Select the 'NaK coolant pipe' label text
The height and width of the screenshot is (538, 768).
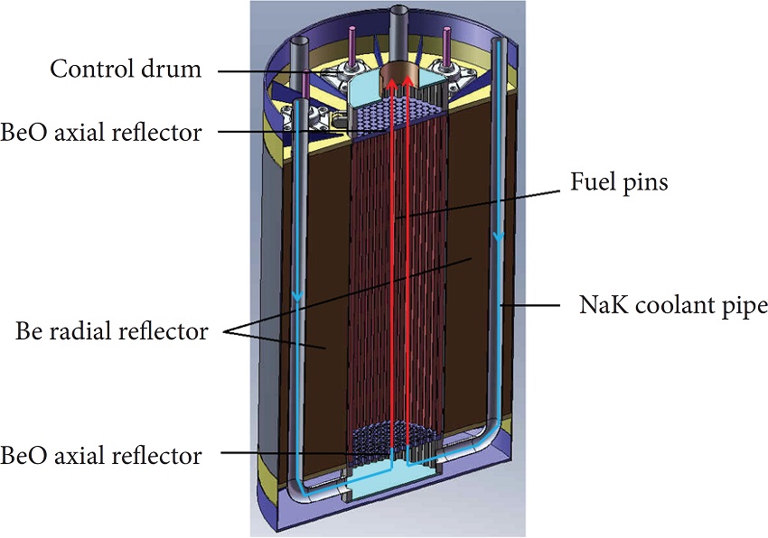[x=673, y=306]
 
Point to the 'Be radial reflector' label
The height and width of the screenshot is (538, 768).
[x=112, y=331]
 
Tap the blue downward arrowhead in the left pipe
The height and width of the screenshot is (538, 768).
[x=296, y=299]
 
